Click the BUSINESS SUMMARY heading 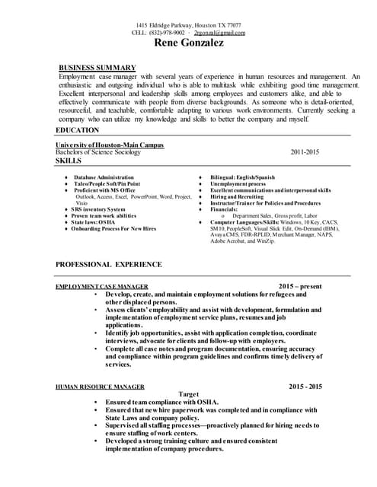[97, 68]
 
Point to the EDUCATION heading [78, 130]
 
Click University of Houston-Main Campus [110, 145]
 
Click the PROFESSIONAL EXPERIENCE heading [109, 264]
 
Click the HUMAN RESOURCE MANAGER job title [100, 387]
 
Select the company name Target [188, 393]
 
